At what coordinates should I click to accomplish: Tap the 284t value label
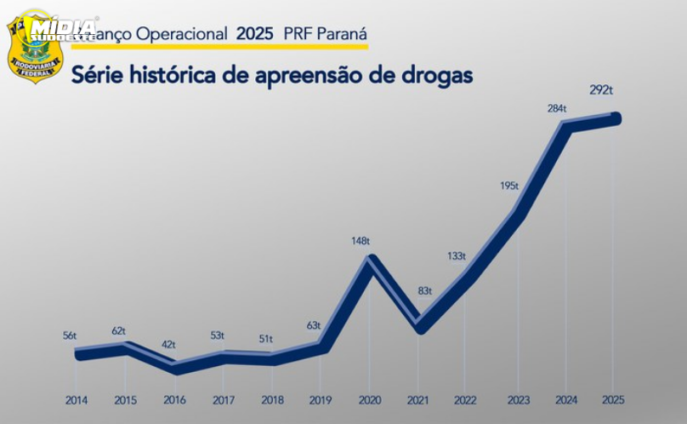tap(558, 108)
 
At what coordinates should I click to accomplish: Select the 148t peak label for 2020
tap(361, 241)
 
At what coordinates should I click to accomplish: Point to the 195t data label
tap(510, 186)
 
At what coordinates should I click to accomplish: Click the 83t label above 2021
tap(423, 291)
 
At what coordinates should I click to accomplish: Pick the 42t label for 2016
tap(168, 345)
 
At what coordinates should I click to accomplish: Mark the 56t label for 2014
tap(69, 336)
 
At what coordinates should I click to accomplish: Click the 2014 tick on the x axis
tap(77, 399)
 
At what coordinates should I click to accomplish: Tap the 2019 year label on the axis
tap(320, 399)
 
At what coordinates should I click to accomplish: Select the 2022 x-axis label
tap(466, 399)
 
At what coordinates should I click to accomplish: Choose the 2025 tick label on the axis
tap(614, 399)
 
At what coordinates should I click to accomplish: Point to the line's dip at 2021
tap(419, 326)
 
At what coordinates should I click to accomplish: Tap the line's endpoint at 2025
tap(615, 118)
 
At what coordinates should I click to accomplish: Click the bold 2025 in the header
tap(256, 35)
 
